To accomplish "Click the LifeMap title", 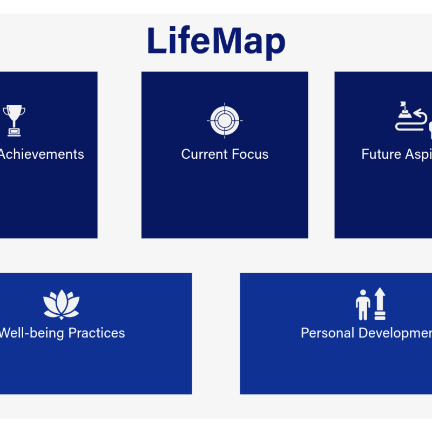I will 216,41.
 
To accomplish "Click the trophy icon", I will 14,119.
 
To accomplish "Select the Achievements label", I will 42,154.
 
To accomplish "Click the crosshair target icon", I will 225,120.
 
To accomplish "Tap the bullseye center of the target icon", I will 225,120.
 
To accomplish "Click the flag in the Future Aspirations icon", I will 402,105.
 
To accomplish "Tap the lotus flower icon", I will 61,305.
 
